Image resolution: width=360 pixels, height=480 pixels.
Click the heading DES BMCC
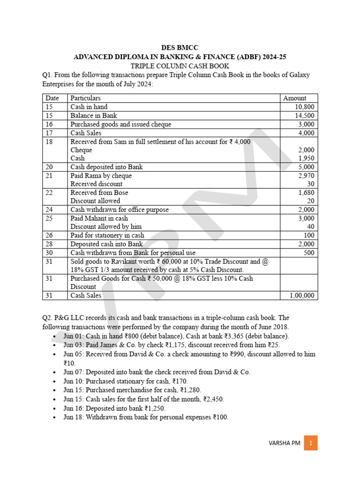point(180,48)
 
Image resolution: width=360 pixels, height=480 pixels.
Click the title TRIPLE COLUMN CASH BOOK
point(180,66)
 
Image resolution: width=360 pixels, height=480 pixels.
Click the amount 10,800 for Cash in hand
point(304,107)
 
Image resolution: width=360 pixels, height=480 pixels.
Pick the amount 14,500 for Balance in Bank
point(304,116)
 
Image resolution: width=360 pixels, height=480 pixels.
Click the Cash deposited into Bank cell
point(106,167)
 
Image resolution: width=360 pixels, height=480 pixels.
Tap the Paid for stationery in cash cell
point(107,235)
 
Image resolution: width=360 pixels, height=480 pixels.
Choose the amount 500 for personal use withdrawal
point(309,253)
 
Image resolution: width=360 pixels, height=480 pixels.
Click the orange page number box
point(311,443)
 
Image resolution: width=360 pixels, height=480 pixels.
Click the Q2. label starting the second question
point(48,317)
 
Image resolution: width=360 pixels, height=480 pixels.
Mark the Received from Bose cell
point(99,193)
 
